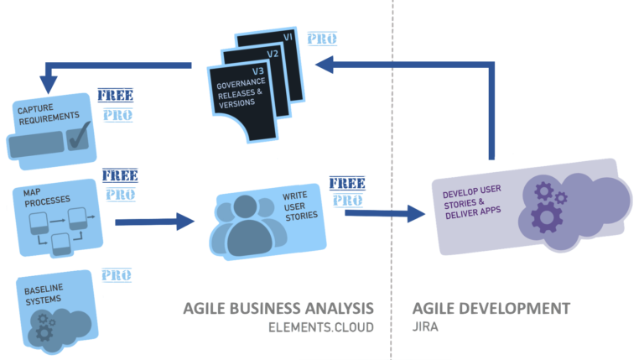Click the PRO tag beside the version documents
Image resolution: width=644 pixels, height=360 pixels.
click(x=321, y=39)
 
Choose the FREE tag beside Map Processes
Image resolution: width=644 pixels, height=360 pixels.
click(x=120, y=175)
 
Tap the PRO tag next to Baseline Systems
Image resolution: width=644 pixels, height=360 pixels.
click(x=116, y=274)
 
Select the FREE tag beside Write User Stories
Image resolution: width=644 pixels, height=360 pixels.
click(x=345, y=182)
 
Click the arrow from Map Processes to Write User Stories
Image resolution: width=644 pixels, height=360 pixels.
click(x=154, y=222)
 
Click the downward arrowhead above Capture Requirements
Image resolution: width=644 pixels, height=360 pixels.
click(x=48, y=84)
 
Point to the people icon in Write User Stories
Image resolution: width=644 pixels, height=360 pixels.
click(x=247, y=222)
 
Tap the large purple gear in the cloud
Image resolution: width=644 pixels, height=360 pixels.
click(x=547, y=217)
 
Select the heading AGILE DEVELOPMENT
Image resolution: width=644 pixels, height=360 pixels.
click(x=492, y=308)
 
